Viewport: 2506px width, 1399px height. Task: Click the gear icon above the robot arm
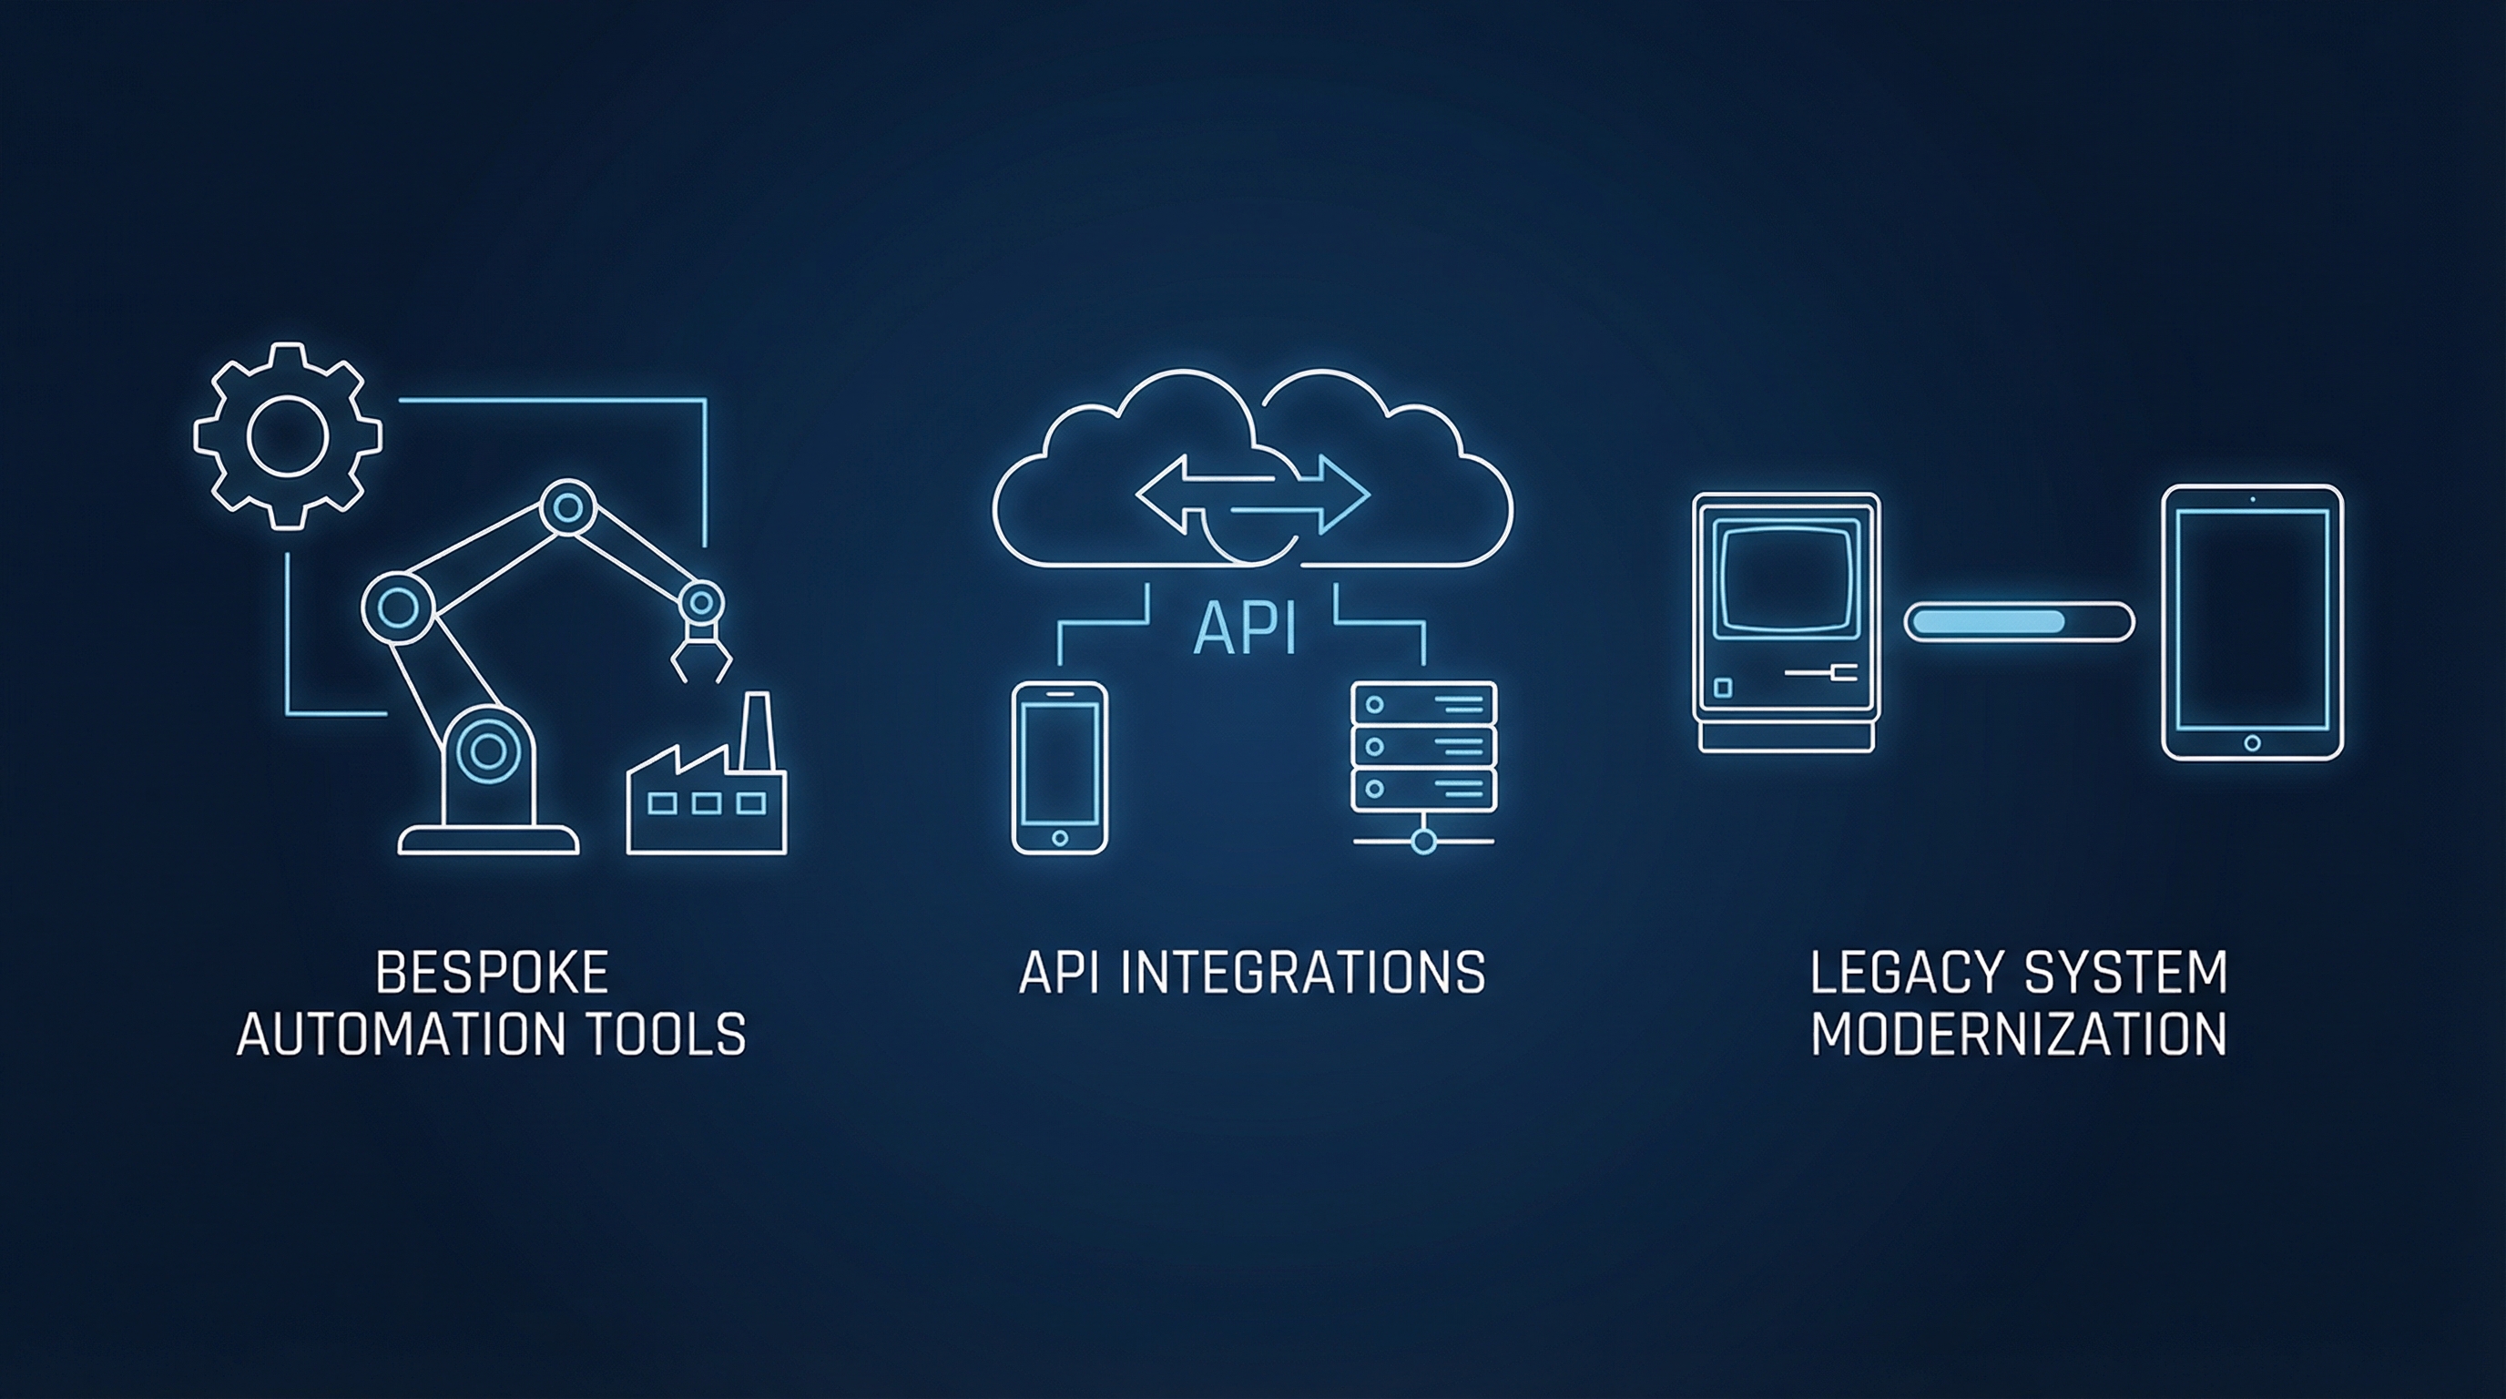[287, 437]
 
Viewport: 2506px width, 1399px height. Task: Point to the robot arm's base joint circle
[488, 751]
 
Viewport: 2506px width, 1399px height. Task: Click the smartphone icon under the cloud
[1059, 768]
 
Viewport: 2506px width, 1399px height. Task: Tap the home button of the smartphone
[1059, 837]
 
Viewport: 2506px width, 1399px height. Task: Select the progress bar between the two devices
[2018, 620]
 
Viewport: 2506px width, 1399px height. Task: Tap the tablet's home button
[2251, 742]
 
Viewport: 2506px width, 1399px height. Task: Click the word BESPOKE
[492, 973]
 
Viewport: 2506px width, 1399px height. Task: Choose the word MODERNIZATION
[2019, 1034]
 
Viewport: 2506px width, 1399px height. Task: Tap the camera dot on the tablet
[2252, 500]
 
